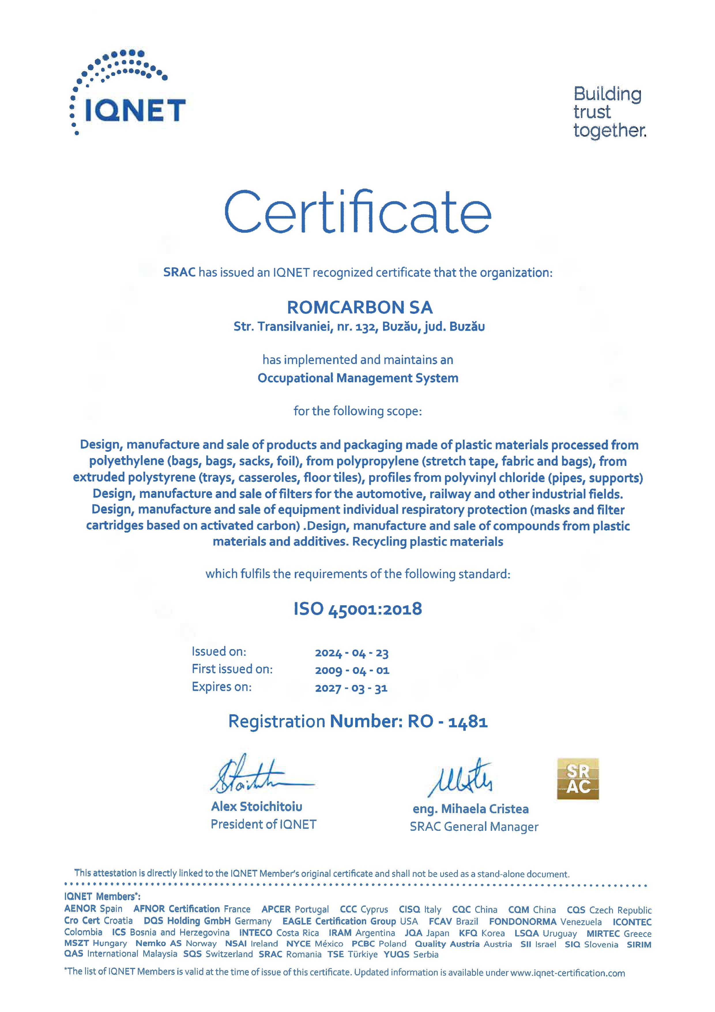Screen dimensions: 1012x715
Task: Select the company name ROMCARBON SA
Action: point(360,307)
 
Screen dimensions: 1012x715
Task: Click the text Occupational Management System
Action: point(358,378)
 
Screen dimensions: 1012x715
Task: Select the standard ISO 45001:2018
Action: point(358,609)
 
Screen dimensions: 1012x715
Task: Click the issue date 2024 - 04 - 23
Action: point(351,653)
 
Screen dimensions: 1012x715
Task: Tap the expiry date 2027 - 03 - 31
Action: point(351,688)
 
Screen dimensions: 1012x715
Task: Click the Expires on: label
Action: point(222,687)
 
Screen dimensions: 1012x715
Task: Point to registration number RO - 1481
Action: point(447,721)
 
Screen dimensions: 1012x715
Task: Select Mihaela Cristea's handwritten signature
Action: point(460,778)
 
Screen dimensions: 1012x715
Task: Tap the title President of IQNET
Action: point(264,824)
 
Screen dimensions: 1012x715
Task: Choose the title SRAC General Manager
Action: point(474,827)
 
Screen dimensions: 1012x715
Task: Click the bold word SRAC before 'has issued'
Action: point(179,272)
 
